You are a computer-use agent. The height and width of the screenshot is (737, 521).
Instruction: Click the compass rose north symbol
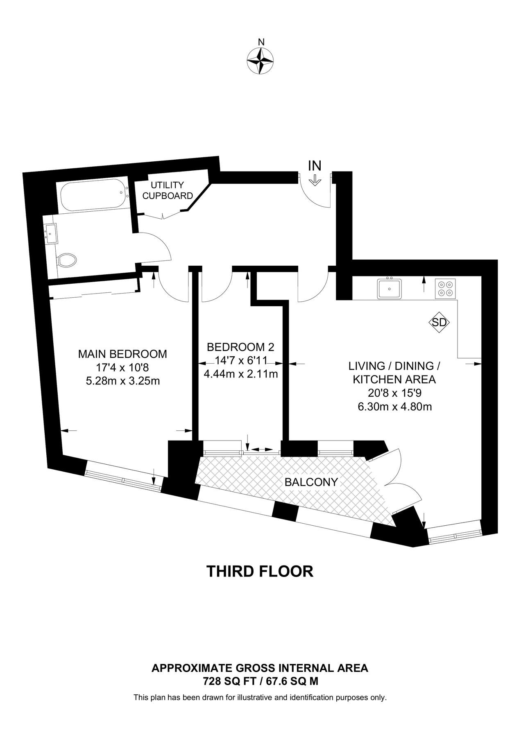click(x=260, y=61)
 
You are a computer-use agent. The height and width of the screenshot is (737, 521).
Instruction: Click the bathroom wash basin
click(x=52, y=233)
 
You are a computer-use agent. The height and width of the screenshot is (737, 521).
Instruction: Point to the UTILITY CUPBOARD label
click(x=167, y=190)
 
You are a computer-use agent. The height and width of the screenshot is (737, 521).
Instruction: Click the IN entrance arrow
click(x=315, y=179)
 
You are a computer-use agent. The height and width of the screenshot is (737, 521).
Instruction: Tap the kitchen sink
click(x=390, y=289)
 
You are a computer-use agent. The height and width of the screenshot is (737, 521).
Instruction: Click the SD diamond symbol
click(x=439, y=322)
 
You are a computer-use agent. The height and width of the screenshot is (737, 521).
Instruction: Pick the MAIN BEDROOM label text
click(x=122, y=354)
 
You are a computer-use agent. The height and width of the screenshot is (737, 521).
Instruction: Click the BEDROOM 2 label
click(x=240, y=347)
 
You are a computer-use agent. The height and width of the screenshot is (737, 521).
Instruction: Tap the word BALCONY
click(x=311, y=482)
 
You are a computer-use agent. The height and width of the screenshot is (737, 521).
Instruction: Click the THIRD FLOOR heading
click(x=260, y=571)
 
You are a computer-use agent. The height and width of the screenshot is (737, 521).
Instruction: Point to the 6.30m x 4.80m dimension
click(x=394, y=407)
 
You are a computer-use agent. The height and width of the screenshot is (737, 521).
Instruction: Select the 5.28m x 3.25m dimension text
click(x=122, y=381)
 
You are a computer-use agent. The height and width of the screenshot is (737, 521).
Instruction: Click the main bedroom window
click(x=123, y=479)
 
